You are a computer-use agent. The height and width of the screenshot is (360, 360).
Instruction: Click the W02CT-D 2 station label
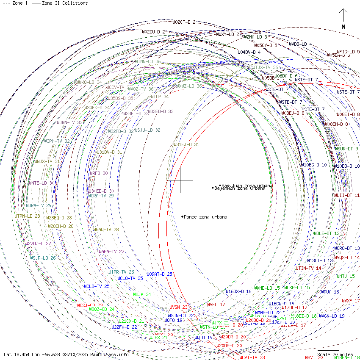184,22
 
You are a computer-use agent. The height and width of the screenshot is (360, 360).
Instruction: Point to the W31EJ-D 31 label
186,144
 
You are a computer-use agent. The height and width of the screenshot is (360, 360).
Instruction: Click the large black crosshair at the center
180,180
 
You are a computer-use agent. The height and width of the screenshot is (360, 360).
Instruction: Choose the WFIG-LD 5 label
348,52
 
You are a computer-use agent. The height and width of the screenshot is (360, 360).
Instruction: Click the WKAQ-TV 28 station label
106,230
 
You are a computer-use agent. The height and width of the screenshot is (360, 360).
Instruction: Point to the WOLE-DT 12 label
327,233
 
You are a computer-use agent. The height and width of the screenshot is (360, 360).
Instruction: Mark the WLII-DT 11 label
347,195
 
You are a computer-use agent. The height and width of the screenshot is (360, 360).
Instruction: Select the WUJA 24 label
142,294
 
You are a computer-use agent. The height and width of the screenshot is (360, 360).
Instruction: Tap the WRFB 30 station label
99,173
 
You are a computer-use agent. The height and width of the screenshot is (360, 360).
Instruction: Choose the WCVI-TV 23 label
252,357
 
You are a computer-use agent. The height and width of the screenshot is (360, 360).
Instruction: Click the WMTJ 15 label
346,276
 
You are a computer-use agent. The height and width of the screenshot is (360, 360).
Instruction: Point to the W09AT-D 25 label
160,274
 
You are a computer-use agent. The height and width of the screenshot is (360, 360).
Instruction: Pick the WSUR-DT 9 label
346,149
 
